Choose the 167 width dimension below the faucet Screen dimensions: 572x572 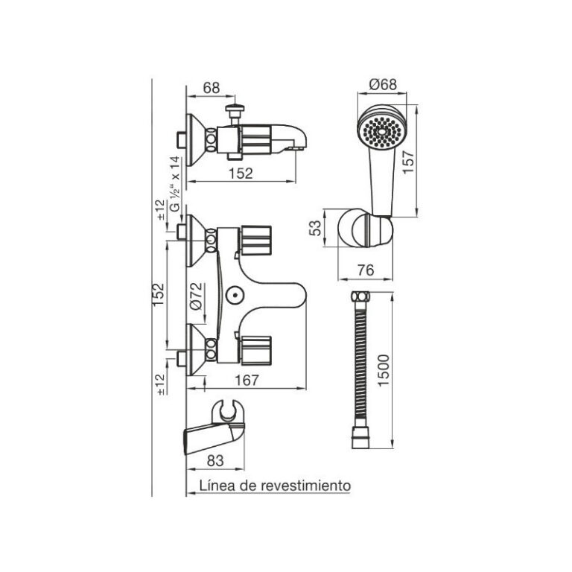tap(247, 381)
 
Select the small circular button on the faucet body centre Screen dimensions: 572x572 tap(235, 296)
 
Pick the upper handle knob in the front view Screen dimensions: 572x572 tap(255, 239)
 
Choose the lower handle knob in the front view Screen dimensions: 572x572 tap(255, 346)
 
